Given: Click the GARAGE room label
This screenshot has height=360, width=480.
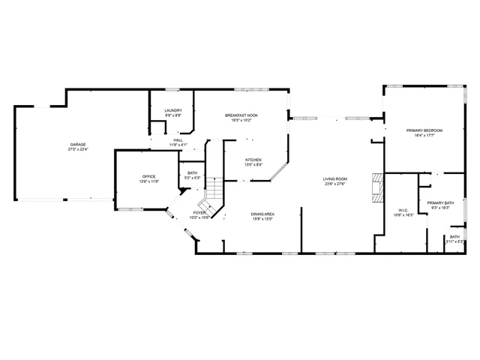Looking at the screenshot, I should (x=78, y=144).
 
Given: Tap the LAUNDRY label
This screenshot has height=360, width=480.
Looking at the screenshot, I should (x=173, y=111).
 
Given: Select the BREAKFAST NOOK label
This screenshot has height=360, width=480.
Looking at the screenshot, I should (x=241, y=115).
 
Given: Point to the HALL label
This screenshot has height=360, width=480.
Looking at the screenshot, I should (x=178, y=139).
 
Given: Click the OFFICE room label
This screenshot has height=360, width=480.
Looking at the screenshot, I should (x=149, y=176).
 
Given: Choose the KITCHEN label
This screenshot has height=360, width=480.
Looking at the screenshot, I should (x=253, y=160).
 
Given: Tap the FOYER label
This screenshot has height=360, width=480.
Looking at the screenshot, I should (x=199, y=213).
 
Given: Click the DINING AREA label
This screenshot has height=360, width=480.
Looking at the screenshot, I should (x=262, y=214).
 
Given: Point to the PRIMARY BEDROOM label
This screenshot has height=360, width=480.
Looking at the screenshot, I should (x=424, y=130).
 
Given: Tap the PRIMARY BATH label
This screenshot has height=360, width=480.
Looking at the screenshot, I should (x=440, y=203).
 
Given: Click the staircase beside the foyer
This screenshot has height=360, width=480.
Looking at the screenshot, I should (x=213, y=193).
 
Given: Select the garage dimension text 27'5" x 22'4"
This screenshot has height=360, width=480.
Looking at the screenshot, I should (x=78, y=149).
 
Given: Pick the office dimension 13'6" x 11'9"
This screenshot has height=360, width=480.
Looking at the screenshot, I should (x=149, y=181).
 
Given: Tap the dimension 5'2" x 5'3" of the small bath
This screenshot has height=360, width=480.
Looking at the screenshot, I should (x=193, y=178).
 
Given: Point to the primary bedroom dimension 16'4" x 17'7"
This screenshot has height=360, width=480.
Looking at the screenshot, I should (x=424, y=136).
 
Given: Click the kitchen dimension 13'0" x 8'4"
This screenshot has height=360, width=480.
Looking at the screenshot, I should (x=253, y=166).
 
